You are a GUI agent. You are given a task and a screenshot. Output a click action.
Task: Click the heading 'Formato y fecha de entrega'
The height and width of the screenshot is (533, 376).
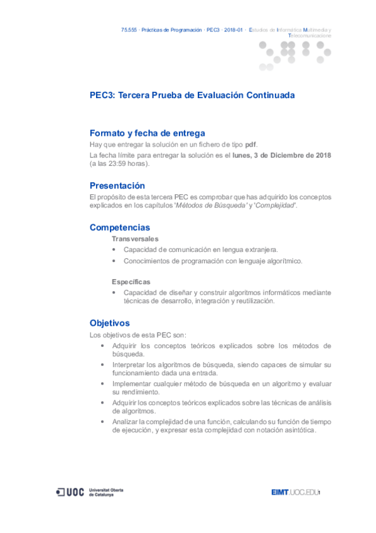(x=148, y=133)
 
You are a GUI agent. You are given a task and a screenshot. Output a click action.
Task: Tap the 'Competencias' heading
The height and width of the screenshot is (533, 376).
(x=120, y=228)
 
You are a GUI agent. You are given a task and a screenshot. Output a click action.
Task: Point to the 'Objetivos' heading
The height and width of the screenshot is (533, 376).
(x=110, y=323)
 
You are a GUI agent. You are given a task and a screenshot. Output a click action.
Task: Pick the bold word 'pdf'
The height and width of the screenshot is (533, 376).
(x=250, y=144)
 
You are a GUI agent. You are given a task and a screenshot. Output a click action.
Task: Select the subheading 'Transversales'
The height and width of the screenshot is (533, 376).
(x=135, y=239)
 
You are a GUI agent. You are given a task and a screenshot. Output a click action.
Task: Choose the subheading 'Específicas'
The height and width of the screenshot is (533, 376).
(x=131, y=282)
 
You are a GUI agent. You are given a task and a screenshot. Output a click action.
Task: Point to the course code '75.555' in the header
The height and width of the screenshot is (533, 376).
(x=129, y=30)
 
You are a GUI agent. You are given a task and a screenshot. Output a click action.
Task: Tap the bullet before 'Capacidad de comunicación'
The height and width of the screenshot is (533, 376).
(x=114, y=250)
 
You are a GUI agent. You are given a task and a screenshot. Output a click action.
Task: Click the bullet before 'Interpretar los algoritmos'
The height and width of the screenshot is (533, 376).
(x=103, y=365)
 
